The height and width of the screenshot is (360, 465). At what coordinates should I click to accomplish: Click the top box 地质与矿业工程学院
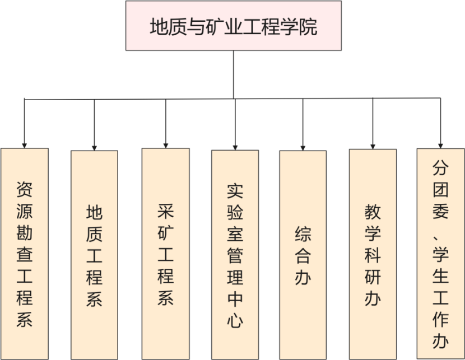[233, 25]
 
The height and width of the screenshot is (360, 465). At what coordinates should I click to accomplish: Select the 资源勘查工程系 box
[24, 254]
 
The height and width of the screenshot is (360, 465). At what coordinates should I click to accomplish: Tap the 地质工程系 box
[94, 255]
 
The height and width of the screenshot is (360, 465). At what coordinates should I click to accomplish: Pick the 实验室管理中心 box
[235, 255]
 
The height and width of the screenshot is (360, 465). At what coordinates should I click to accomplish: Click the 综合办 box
[303, 255]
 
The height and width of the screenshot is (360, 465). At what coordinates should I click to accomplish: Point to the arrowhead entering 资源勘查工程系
[24, 144]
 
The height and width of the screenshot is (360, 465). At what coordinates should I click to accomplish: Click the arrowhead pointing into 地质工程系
[94, 146]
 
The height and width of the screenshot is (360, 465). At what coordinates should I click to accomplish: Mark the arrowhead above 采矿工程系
[165, 144]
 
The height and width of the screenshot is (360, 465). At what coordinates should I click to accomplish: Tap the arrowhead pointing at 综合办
[303, 146]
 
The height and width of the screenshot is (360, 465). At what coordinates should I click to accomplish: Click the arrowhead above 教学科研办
[373, 145]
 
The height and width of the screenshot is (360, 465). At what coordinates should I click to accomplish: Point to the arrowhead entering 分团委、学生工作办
[441, 144]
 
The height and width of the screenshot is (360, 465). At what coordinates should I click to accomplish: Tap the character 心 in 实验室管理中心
[235, 320]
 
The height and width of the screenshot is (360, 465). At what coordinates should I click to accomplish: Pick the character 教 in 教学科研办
[373, 212]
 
